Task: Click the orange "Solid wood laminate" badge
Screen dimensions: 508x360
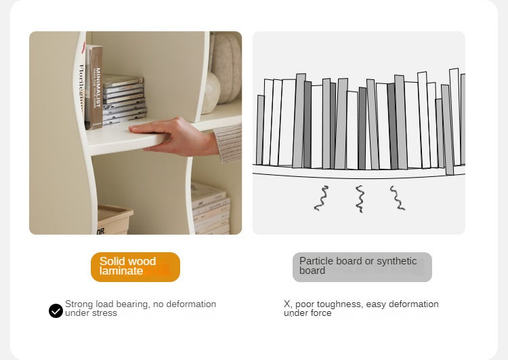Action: (x=135, y=267)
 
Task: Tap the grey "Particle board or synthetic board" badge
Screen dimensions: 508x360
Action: (x=362, y=267)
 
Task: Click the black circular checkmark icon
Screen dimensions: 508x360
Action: (x=56, y=311)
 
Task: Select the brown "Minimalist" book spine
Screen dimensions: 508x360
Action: (x=95, y=87)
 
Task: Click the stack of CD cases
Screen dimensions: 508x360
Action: (x=124, y=99)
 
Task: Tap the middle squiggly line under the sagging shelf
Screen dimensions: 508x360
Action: (x=360, y=199)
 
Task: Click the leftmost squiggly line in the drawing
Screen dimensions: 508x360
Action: (x=321, y=198)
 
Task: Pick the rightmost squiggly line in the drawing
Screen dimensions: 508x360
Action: (x=398, y=198)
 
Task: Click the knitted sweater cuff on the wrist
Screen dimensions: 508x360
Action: (x=228, y=143)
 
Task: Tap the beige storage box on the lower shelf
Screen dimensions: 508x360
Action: (x=114, y=219)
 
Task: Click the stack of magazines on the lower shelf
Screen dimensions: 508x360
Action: (x=210, y=208)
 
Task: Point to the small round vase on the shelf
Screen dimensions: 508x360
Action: (x=210, y=93)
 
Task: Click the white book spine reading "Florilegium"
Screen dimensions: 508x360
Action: (x=82, y=87)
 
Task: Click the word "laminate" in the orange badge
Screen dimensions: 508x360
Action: (x=121, y=271)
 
